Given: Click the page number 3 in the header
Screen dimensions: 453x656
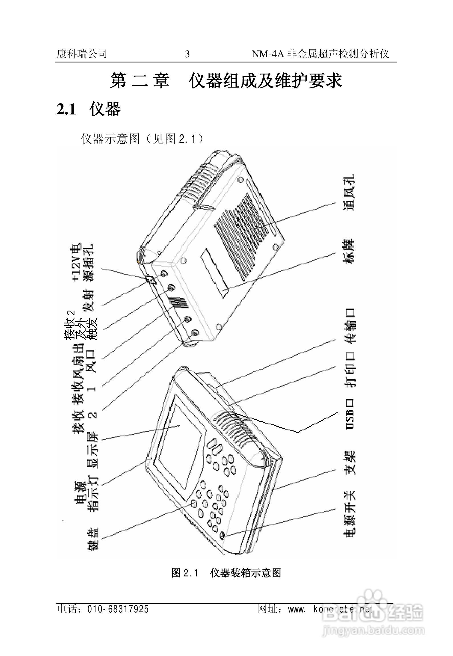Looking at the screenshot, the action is coord(187,54).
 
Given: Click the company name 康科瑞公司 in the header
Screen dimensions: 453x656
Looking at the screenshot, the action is coord(82,54).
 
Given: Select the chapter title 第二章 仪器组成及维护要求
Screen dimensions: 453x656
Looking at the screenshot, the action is coord(226,81).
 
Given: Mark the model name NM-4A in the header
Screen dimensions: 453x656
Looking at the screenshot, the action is coord(268,54).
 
